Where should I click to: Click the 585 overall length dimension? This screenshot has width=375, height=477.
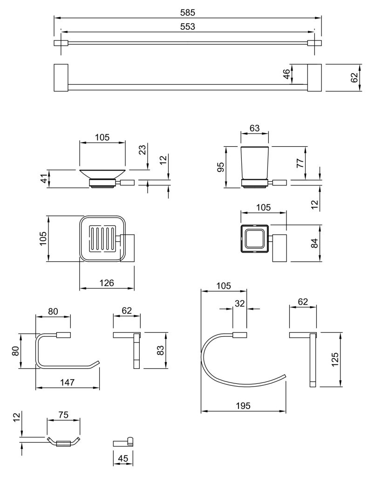pyautogui.click(x=187, y=13)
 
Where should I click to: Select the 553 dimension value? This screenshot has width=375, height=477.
pyautogui.click(x=187, y=27)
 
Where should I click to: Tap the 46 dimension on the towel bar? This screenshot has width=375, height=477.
pyautogui.click(x=286, y=74)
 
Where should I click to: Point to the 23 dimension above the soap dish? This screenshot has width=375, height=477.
pyautogui.click(x=143, y=149)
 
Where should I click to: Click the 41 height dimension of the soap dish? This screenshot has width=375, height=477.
pyautogui.click(x=45, y=178)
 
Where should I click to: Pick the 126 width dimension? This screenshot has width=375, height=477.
pyautogui.click(x=107, y=283)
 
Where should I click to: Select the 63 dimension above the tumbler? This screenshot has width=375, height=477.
pyautogui.click(x=254, y=128)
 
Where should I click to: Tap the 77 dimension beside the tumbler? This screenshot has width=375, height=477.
pyautogui.click(x=300, y=163)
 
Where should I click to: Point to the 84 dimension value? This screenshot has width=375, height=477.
pyautogui.click(x=314, y=243)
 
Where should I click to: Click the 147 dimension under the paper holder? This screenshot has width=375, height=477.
pyautogui.click(x=67, y=382)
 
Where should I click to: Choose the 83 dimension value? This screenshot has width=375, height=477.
pyautogui.click(x=160, y=350)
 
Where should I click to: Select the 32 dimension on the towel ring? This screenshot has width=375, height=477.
pyautogui.click(x=239, y=303)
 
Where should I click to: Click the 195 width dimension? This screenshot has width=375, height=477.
pyautogui.click(x=243, y=406)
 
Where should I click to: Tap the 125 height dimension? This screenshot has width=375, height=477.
pyautogui.click(x=334, y=359)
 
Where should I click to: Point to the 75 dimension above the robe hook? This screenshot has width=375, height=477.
pyautogui.click(x=63, y=415)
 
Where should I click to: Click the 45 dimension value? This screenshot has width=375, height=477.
pyautogui.click(x=123, y=458)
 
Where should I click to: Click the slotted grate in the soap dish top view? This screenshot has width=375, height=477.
pyautogui.click(x=102, y=238)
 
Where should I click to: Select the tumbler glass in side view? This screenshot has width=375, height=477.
pyautogui.click(x=254, y=163)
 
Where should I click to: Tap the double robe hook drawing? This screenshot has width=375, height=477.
pyautogui.click(x=63, y=442)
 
